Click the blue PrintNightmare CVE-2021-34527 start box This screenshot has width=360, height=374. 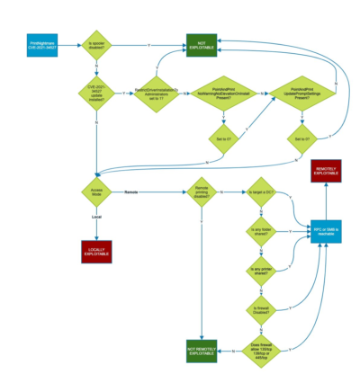click(x=42, y=44)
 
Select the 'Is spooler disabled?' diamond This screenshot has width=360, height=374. click(x=96, y=44)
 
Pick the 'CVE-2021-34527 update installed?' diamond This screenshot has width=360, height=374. click(x=96, y=93)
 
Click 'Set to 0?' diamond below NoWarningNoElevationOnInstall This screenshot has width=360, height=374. click(x=225, y=140)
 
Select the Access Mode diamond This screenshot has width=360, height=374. click(x=96, y=191)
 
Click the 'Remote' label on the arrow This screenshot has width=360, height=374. click(x=131, y=191)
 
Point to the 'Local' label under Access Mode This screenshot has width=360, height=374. click(x=96, y=217)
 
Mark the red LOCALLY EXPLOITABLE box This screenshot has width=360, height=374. click(x=96, y=253)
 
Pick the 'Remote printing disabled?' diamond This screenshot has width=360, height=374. click(x=202, y=191)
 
